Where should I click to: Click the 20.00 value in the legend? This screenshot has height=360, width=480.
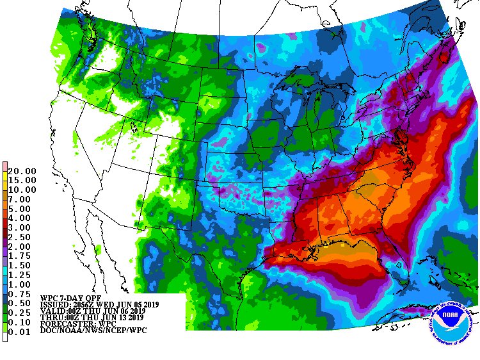[x=22, y=171]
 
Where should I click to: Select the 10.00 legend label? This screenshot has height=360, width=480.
[x=22, y=190]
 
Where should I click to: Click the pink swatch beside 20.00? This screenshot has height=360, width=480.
[x=5, y=168]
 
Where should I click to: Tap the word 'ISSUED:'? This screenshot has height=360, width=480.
[x=55, y=305]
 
